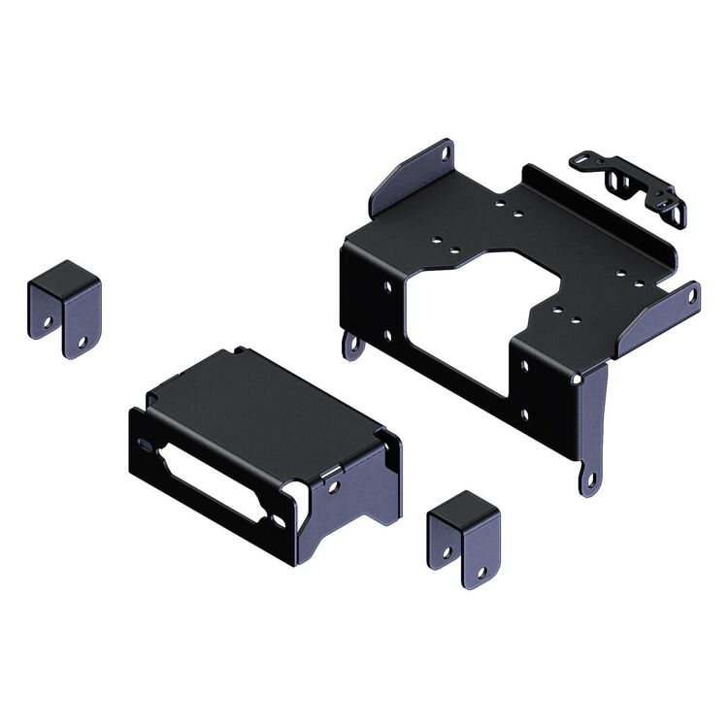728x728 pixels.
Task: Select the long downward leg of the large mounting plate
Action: (x=592, y=427)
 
